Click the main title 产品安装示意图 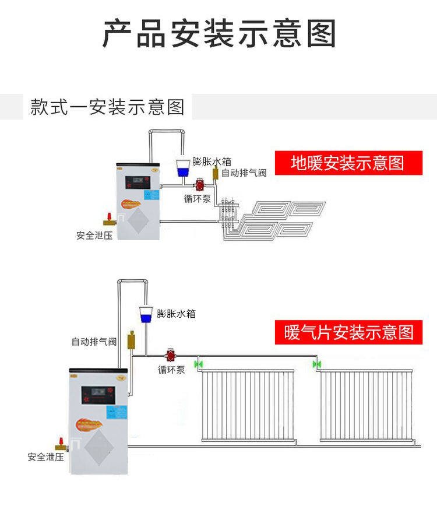tap(219, 33)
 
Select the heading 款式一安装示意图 tap(107, 107)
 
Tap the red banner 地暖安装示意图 tap(347, 163)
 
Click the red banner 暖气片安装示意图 tap(348, 332)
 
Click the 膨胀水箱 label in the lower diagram tap(176, 314)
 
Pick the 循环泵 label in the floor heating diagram tap(197, 198)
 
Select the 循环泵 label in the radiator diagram tap(171, 370)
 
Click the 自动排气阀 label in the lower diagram tap(94, 342)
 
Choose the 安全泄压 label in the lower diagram tap(45, 457)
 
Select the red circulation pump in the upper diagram tap(200, 185)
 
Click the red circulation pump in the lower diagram tap(171, 355)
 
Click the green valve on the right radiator tap(316, 365)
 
